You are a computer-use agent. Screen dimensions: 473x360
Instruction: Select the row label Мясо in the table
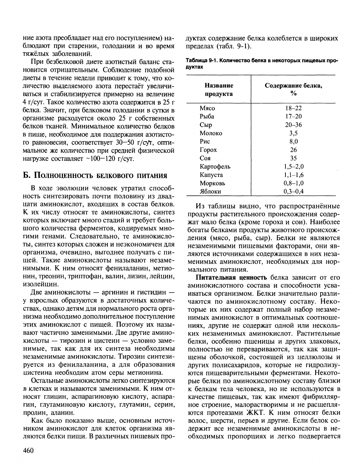click(207, 108)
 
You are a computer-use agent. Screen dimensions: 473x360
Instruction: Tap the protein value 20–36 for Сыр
click(293, 125)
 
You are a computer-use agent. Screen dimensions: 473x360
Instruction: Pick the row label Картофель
click(215, 167)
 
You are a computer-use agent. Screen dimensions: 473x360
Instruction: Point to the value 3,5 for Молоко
click(293, 133)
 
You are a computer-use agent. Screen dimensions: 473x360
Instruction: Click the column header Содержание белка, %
click(293, 89)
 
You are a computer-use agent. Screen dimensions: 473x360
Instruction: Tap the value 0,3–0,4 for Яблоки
click(293, 192)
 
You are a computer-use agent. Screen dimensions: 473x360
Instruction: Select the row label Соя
click(205, 158)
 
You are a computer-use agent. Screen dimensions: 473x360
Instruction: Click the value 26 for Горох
click(293, 150)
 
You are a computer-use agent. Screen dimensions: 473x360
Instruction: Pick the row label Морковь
click(212, 183)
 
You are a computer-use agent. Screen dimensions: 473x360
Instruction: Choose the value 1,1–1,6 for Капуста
click(293, 175)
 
